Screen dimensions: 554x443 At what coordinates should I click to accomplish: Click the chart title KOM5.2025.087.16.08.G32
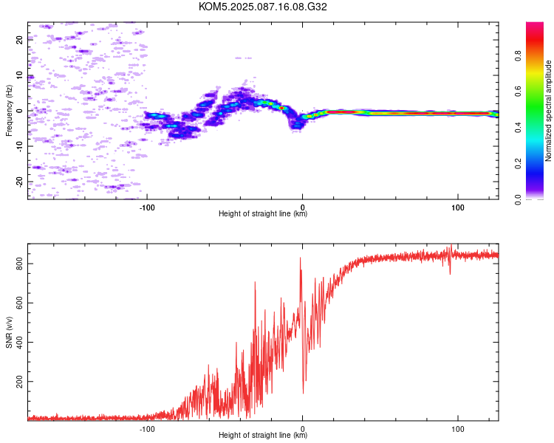[x=262, y=7]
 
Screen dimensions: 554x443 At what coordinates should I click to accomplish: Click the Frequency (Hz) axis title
[x=9, y=111]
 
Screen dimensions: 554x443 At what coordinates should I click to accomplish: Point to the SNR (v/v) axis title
[x=9, y=332]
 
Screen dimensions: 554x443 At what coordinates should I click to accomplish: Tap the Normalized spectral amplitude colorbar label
[x=548, y=111]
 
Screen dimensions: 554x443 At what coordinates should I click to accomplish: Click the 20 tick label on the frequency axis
[x=19, y=40]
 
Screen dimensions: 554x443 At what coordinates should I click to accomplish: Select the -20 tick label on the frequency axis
[x=19, y=182]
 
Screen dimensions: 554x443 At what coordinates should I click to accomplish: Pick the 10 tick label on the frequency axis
[x=19, y=75]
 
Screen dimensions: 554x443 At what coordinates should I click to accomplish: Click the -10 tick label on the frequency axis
[x=19, y=147]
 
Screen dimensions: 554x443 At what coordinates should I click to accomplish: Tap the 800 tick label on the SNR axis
[x=19, y=264]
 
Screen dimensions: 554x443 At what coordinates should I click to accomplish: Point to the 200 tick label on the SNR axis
[x=19, y=382]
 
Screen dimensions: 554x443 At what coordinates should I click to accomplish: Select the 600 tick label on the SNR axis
[x=19, y=303]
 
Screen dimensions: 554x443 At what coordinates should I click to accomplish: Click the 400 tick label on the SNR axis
[x=19, y=342]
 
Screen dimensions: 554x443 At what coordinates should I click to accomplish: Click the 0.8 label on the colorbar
[x=518, y=56]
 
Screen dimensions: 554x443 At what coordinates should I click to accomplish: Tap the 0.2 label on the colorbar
[x=518, y=164]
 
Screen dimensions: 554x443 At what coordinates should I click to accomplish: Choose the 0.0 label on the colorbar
[x=518, y=199]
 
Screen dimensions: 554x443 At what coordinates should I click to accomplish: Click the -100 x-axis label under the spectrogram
[x=147, y=207]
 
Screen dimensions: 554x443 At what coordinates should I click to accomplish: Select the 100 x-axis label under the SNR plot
[x=457, y=429]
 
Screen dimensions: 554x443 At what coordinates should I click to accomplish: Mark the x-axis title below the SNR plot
[x=263, y=435]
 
